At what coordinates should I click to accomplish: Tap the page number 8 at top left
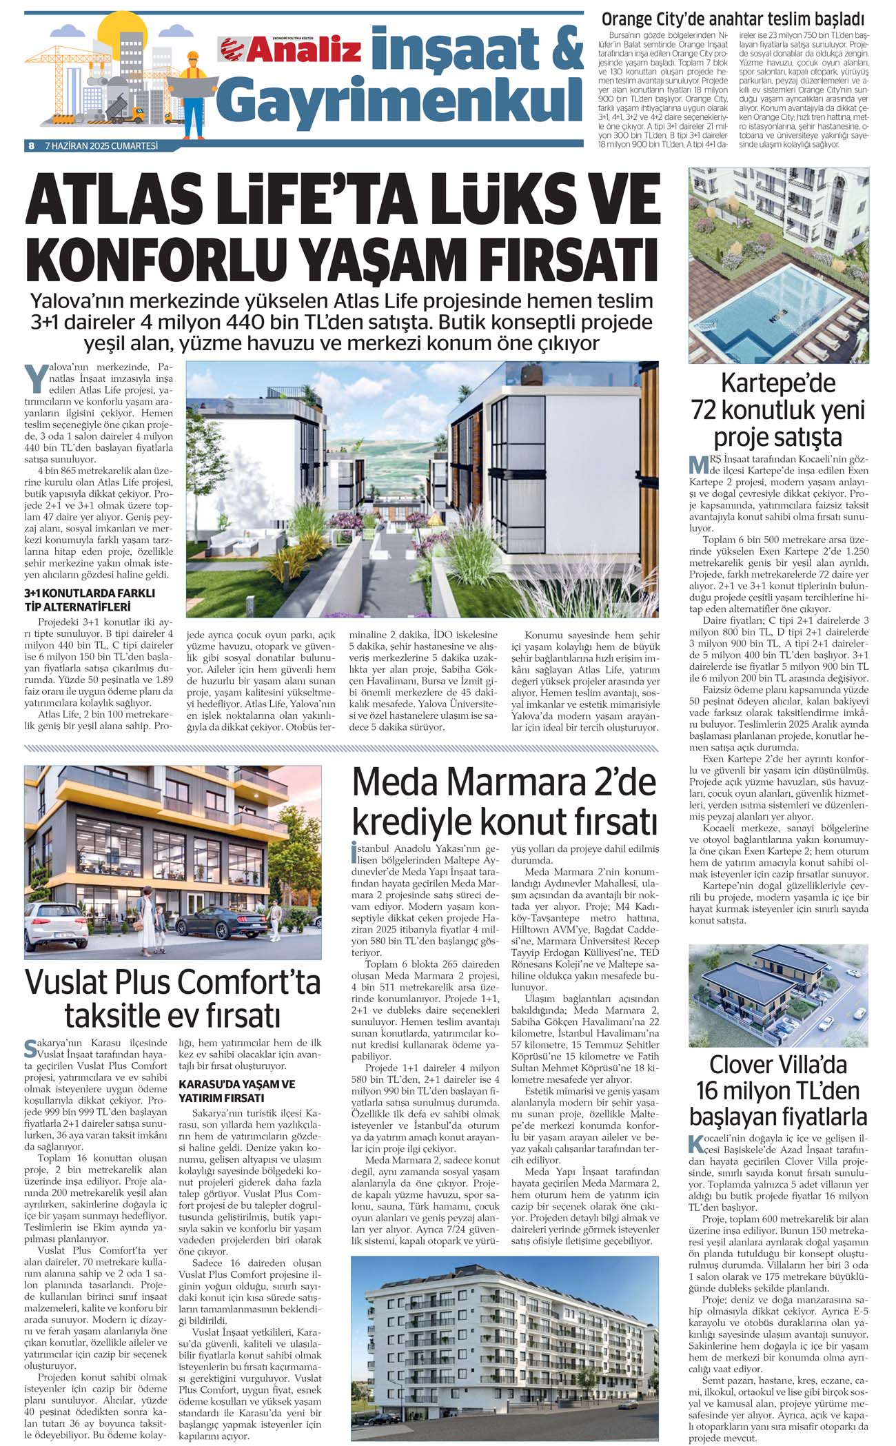pyautogui.click(x=32, y=145)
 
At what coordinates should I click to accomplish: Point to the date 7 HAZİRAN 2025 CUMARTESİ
pyautogui.click(x=101, y=145)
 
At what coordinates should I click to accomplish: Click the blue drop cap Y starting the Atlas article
pyautogui.click(x=32, y=378)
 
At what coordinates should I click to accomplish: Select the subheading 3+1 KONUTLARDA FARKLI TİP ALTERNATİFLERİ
pyautogui.click(x=90, y=600)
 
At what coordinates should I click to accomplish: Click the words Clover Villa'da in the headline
pyautogui.click(x=778, y=1065)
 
